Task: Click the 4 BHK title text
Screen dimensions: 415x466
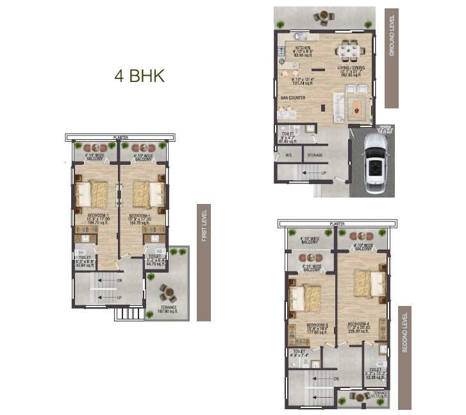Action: click(139, 76)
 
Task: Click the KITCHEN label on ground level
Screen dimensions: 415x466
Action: click(303, 48)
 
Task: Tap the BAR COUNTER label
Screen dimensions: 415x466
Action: click(292, 98)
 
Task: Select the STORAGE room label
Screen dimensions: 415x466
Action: click(315, 155)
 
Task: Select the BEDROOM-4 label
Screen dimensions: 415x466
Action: click(359, 325)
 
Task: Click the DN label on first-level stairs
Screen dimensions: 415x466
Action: click(119, 281)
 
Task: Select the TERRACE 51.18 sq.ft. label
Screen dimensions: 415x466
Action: click(381, 395)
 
